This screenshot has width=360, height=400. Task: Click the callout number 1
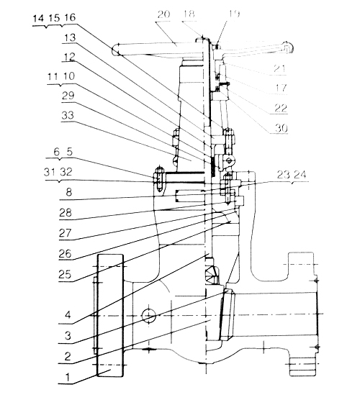(x=68, y=377)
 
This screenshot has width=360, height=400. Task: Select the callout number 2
(x=68, y=356)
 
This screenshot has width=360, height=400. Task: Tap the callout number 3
(x=68, y=336)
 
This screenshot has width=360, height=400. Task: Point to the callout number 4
(x=68, y=315)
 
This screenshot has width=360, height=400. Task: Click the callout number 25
(x=65, y=275)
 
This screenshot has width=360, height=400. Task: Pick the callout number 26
(x=65, y=254)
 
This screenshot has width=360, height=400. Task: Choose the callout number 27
(x=65, y=233)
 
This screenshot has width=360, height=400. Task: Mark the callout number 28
(x=66, y=213)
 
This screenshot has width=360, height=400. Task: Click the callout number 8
(x=68, y=192)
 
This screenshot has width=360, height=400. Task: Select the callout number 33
(x=68, y=116)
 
